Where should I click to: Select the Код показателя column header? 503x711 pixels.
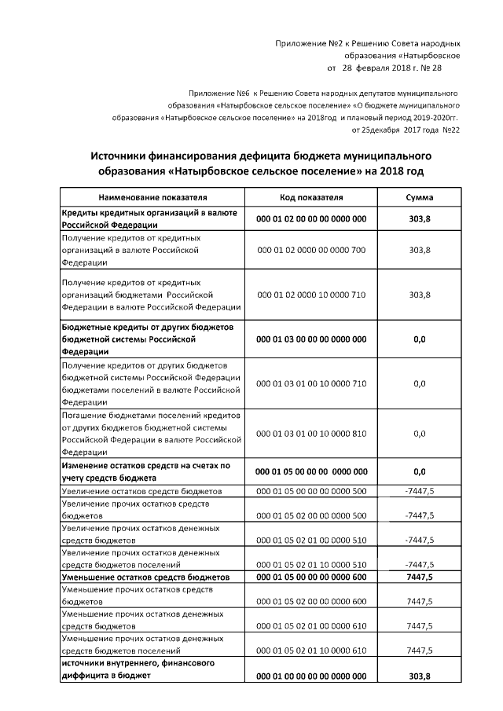(x=311, y=197)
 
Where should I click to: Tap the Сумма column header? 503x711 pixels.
(x=420, y=197)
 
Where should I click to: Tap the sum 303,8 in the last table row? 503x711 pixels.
(x=420, y=676)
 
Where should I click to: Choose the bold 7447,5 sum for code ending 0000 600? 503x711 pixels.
(x=420, y=577)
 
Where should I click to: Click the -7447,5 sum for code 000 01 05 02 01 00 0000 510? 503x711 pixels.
(x=419, y=541)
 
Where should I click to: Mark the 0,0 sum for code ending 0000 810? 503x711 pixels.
(x=420, y=433)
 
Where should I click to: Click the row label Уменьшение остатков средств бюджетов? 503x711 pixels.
(x=145, y=577)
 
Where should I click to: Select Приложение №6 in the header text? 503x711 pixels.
(x=218, y=92)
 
